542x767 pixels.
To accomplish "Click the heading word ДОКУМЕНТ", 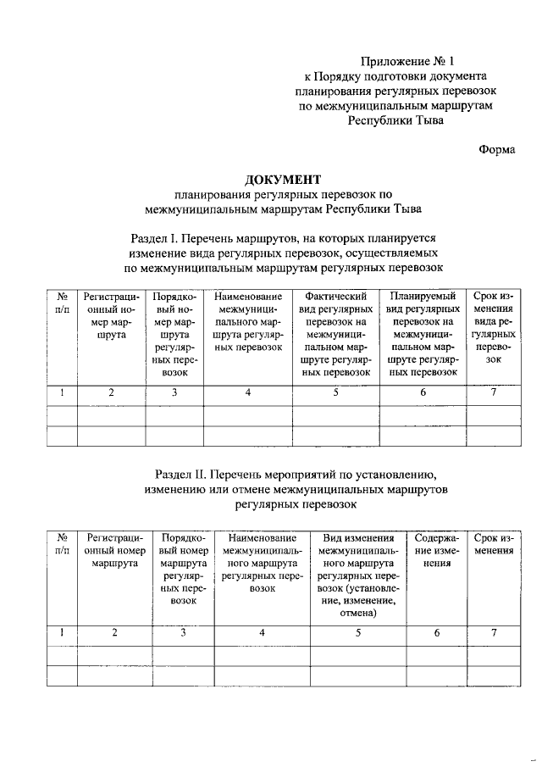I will (x=283, y=179).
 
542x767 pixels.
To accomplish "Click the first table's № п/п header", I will (x=62, y=303).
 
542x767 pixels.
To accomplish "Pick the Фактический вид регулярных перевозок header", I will (x=335, y=334).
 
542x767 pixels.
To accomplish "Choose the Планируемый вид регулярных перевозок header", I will (x=423, y=334).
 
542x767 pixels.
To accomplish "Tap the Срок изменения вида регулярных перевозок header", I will (x=493, y=328).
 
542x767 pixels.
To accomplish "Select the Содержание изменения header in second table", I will (x=437, y=549).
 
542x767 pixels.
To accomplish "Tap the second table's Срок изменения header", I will (x=494, y=543).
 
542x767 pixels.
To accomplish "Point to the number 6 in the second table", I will (x=437, y=632).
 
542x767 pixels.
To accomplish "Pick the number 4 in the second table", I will (x=262, y=632).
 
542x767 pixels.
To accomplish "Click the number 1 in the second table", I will (x=62, y=632).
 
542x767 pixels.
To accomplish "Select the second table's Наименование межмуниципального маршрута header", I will (x=262, y=562).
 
